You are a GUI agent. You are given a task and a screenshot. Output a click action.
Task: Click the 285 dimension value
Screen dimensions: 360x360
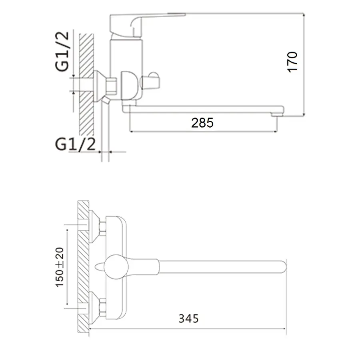point(202,123)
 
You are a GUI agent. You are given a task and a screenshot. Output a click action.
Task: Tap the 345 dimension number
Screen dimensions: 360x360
point(188,318)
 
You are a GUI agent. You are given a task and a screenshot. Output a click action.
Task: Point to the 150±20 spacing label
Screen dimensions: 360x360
point(60,266)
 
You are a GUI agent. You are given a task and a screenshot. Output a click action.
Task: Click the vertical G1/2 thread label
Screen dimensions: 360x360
point(62,52)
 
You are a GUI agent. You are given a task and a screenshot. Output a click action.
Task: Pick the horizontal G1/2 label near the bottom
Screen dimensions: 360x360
point(76,144)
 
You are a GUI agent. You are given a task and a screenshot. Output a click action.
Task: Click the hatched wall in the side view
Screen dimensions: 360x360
point(86,84)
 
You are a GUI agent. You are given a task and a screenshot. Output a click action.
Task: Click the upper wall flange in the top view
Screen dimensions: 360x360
point(94,227)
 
